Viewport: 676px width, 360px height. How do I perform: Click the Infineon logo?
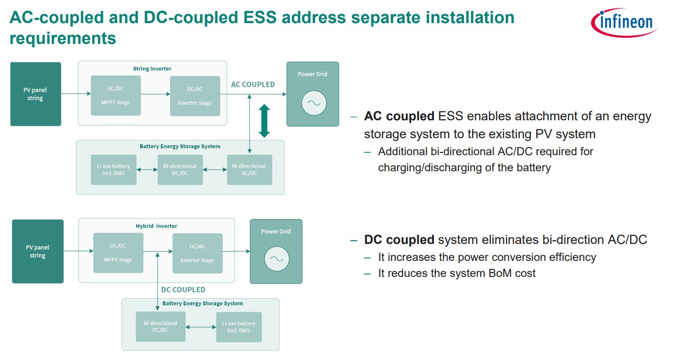(x=624, y=22)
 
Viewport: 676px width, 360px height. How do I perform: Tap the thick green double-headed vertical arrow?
(x=264, y=121)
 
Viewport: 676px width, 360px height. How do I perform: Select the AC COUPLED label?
(x=253, y=84)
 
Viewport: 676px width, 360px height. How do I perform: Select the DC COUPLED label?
(x=183, y=289)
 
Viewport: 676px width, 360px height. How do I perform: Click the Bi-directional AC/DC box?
(x=249, y=169)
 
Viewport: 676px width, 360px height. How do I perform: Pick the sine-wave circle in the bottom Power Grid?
(x=276, y=259)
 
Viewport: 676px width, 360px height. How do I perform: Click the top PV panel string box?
(x=35, y=94)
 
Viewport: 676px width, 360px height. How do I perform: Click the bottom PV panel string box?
(x=37, y=251)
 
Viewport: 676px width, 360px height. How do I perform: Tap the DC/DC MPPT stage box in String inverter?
(x=116, y=95)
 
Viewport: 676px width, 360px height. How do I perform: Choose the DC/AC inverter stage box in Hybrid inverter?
(x=197, y=253)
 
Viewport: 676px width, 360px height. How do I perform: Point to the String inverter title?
(x=152, y=68)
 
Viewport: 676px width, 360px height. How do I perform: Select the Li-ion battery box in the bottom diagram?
(x=238, y=327)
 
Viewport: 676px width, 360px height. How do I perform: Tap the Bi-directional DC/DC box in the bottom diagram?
(x=160, y=327)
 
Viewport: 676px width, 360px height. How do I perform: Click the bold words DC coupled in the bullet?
(x=399, y=240)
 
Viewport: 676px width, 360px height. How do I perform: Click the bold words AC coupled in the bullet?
(x=399, y=116)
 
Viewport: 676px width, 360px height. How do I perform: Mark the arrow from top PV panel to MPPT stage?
(x=76, y=94)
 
